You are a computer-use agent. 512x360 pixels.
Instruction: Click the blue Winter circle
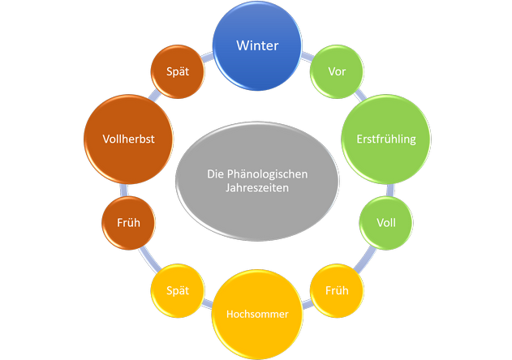[x=256, y=46]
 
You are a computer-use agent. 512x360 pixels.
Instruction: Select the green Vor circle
[x=337, y=71]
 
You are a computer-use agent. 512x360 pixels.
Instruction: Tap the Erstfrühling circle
[x=385, y=139]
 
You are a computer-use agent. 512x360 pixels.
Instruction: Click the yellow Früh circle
[x=337, y=289]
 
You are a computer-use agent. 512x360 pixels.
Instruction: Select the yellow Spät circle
[x=177, y=289]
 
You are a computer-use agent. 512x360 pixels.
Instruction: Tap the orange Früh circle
[x=128, y=221]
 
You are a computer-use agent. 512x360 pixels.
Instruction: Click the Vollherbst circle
[x=128, y=139]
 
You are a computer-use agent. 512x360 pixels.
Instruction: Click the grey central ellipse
[x=256, y=180]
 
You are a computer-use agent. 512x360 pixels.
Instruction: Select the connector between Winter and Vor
[x=308, y=56]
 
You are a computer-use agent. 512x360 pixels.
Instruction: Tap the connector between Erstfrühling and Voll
[x=391, y=189]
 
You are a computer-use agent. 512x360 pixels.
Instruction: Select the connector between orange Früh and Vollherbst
[x=125, y=188]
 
